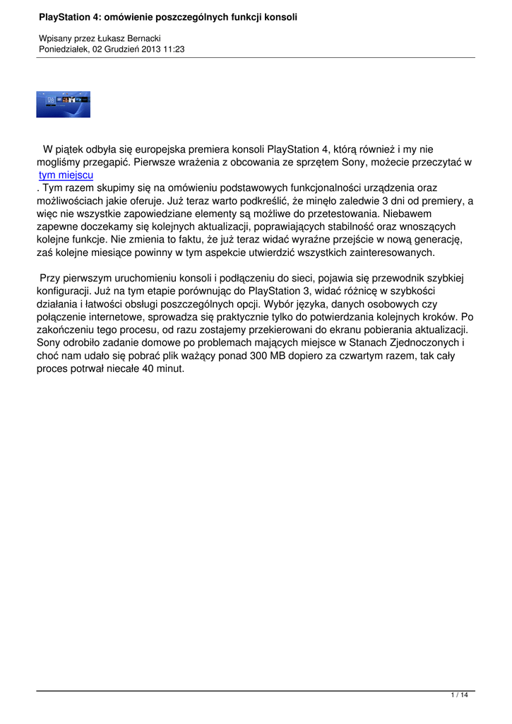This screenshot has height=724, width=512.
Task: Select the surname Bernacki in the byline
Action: click(143, 38)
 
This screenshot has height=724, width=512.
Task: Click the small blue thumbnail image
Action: click(64, 104)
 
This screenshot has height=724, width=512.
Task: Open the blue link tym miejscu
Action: click(66, 175)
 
